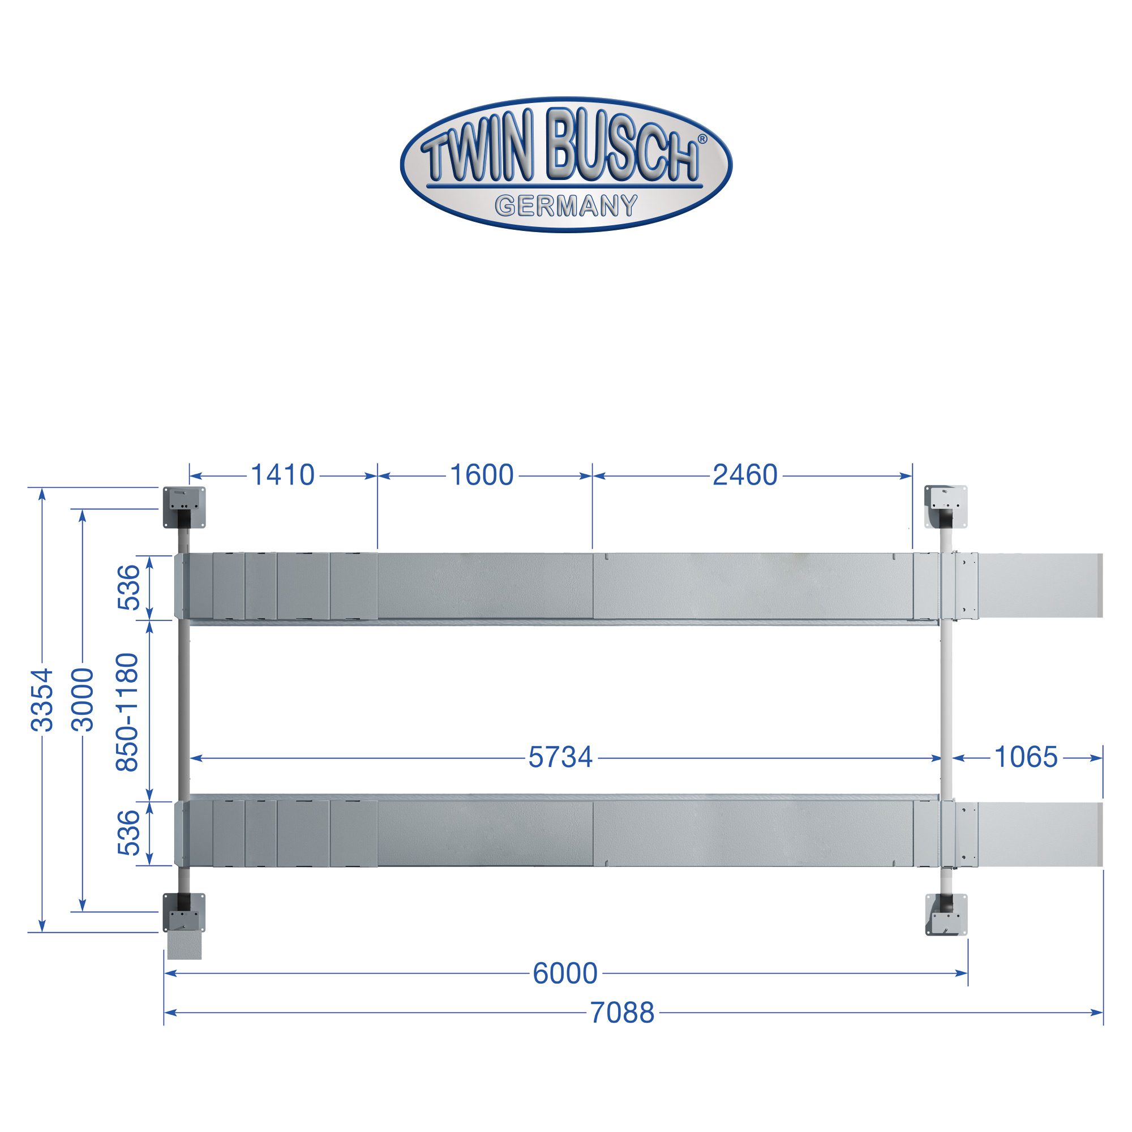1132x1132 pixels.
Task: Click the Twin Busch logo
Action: click(x=566, y=165)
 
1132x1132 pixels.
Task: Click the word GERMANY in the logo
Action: click(x=566, y=205)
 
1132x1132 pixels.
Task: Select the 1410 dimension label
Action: click(x=282, y=475)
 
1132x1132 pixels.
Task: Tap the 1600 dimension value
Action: click(x=481, y=475)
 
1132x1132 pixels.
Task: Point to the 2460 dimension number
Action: click(x=745, y=475)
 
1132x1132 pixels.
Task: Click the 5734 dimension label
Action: click(x=561, y=758)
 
